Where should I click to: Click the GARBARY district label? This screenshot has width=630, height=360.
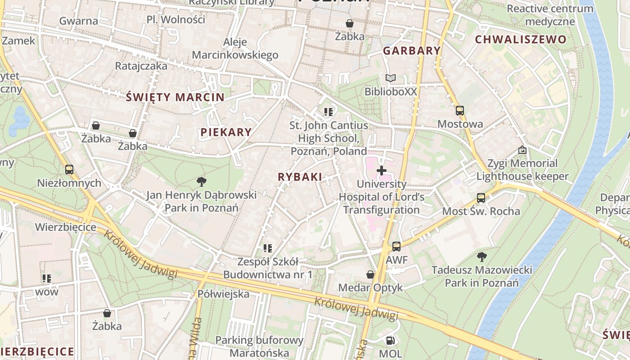(411, 50)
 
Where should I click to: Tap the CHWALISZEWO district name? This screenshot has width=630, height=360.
(521, 39)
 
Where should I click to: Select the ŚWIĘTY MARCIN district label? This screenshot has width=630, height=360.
(175, 97)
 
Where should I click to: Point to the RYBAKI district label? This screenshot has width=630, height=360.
(300, 177)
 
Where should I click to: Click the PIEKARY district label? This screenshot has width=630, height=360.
(226, 132)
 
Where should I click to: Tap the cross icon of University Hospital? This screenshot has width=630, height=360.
(381, 171)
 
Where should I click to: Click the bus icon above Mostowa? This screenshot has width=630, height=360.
(459, 111)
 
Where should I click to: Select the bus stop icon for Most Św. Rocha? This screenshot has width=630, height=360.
(481, 198)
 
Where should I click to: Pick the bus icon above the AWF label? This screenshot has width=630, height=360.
(396, 247)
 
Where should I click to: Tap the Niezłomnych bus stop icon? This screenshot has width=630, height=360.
(69, 170)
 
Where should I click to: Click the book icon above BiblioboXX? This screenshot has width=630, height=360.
(391, 78)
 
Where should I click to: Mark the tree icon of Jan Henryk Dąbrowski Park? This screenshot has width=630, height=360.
(201, 182)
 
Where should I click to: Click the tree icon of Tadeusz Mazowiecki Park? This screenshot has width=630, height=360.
(481, 257)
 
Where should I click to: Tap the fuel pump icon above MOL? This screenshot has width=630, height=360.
(390, 341)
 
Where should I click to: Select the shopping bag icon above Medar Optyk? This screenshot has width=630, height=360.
(370, 274)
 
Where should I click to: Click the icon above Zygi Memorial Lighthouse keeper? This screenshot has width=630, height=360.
(522, 150)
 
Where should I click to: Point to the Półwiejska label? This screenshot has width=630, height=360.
(223, 294)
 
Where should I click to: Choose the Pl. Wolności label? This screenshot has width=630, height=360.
(175, 20)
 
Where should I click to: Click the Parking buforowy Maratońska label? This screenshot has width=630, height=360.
(259, 346)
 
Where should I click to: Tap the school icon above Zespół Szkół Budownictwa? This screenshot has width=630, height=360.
(268, 248)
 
